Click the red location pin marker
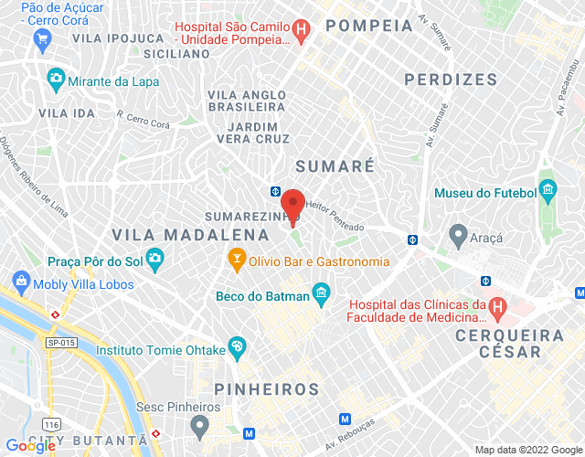coord(292,203)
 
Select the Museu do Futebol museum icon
coord(548,192)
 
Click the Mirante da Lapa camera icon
coord(57,79)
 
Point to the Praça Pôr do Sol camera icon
coord(154,260)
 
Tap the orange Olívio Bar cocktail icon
coord(237,260)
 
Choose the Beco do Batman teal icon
coord(321,295)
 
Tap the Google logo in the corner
coord(31,446)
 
